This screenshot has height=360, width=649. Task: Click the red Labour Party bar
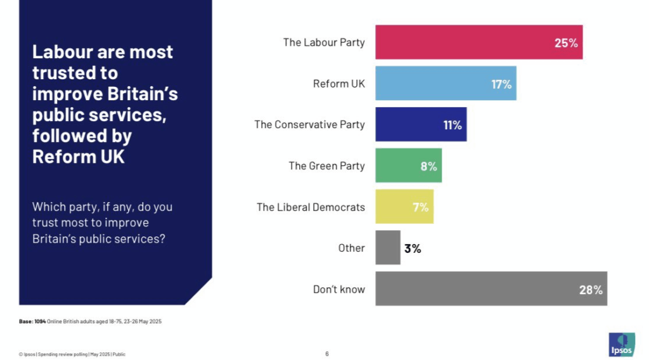point(479,42)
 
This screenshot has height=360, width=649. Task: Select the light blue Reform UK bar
point(446,84)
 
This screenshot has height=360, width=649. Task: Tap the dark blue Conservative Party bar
point(421,125)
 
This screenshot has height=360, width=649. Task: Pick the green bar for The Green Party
point(408,166)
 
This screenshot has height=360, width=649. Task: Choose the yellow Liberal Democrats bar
point(404,207)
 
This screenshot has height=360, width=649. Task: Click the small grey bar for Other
point(388,248)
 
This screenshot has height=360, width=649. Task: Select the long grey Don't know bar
point(491,289)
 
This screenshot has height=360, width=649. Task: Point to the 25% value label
point(565,43)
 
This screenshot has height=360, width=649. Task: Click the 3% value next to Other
point(413,248)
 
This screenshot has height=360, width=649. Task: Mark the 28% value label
point(590,290)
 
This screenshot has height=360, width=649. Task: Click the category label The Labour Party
point(324,42)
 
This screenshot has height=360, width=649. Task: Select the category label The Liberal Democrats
point(311,207)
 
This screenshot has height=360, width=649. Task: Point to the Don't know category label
point(339,289)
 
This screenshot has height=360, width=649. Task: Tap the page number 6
point(327,354)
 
